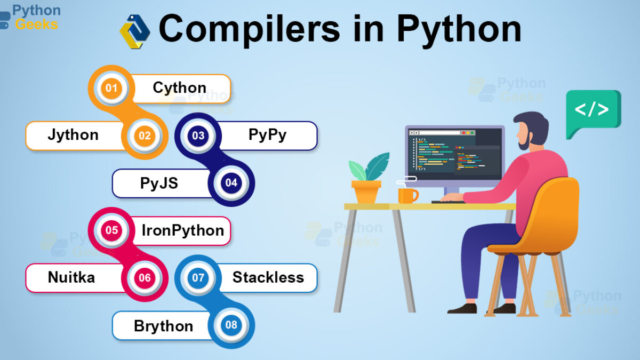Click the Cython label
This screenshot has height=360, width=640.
pos(179,87)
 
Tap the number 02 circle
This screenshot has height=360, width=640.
pos(145,135)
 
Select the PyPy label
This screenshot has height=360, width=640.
pos(267,135)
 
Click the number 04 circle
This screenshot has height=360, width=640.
pos(231,182)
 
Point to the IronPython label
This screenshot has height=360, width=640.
pos(183,230)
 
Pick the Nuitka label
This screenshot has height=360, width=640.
pos(71,277)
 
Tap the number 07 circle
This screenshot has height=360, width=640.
pos(198,277)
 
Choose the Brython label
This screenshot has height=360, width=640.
pos(163,326)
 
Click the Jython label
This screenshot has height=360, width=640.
pos(73,135)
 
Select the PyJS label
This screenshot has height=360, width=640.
pos(159,183)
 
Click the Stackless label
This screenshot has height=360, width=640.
pos(268,277)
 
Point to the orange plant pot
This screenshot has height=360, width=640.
pos(366,191)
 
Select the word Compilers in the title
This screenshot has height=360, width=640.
pos(250,29)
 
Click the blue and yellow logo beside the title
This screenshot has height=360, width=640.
pos(134,31)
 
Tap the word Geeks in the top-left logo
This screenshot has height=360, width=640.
pos(37,24)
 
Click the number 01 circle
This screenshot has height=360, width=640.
pos(111,88)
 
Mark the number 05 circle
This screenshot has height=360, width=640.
pos(111,230)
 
